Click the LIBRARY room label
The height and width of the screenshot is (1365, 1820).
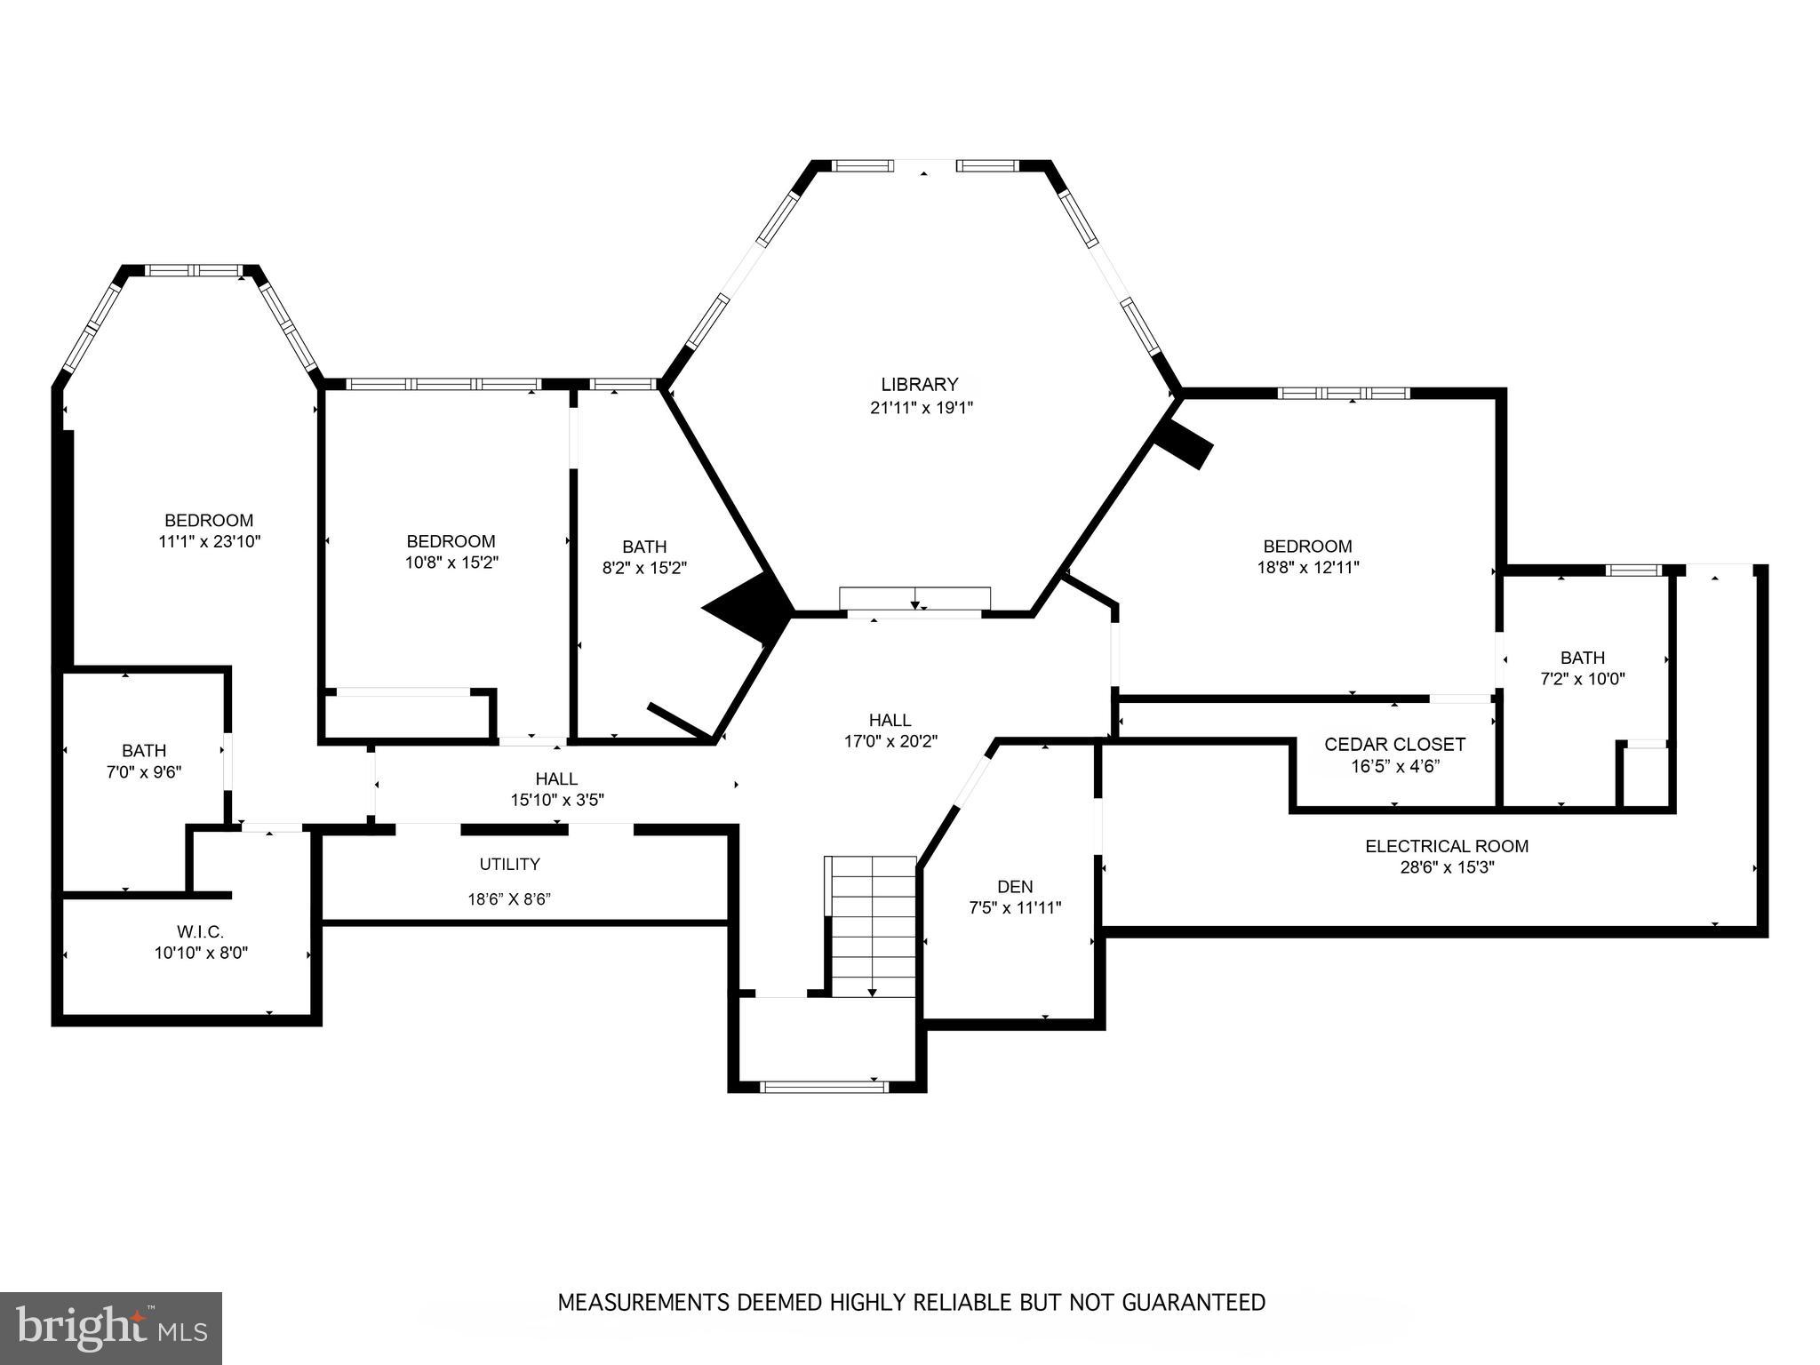pyautogui.click(x=919, y=385)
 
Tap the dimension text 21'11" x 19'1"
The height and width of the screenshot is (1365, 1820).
pyautogui.click(x=921, y=408)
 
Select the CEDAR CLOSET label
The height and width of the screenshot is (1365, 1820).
pyautogui.click(x=1394, y=745)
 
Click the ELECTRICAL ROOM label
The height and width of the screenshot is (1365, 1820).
pyautogui.click(x=1446, y=846)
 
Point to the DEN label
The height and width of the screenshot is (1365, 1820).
pyautogui.click(x=1014, y=886)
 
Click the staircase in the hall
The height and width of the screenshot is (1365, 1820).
pyautogui.click(x=872, y=924)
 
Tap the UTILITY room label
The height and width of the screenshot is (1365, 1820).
pyautogui.click(x=509, y=864)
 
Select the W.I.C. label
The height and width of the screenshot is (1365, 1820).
pyautogui.click(x=200, y=931)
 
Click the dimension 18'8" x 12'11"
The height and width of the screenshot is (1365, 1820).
pyautogui.click(x=1307, y=567)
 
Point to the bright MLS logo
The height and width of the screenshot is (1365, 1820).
pyautogui.click(x=111, y=1328)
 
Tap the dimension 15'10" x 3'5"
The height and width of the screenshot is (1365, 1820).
pyautogui.click(x=556, y=800)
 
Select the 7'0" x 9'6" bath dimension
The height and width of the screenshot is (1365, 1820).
pyautogui.click(x=144, y=772)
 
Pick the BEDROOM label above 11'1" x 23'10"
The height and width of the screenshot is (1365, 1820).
pyautogui.click(x=209, y=520)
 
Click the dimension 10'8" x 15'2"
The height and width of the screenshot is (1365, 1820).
pyautogui.click(x=451, y=563)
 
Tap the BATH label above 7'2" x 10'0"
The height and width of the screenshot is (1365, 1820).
pyautogui.click(x=1582, y=658)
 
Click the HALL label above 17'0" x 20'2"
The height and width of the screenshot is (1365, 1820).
pyautogui.click(x=890, y=720)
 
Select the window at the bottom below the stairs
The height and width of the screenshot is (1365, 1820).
pyautogui.click(x=825, y=1085)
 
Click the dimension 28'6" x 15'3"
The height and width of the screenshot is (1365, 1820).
pyautogui.click(x=1447, y=867)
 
